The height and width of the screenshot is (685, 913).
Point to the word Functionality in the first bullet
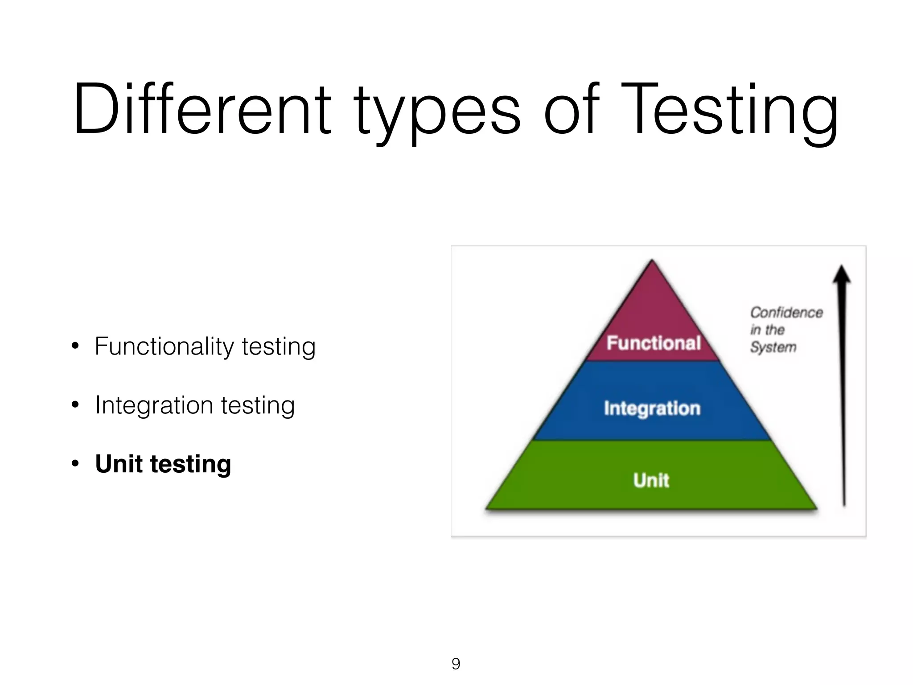[x=165, y=347]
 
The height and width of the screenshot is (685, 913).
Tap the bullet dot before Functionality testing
[x=75, y=346]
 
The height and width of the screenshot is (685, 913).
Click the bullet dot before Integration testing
[x=75, y=405]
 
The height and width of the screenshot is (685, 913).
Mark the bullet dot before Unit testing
[x=75, y=464]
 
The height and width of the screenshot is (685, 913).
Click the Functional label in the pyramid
[x=654, y=343]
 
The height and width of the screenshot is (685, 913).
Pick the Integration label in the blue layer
[x=652, y=409]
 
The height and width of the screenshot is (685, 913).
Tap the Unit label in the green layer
[x=651, y=480]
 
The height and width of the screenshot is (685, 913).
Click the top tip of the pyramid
[x=652, y=261]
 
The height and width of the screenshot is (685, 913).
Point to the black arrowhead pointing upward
[x=842, y=274]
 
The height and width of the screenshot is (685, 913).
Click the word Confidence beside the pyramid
[x=786, y=313]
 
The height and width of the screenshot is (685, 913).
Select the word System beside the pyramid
[x=773, y=347]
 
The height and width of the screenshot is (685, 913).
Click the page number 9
[x=456, y=664]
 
